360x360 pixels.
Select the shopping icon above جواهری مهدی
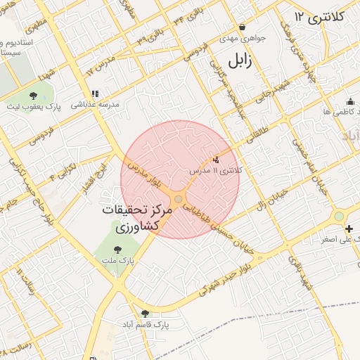click(x=243, y=27)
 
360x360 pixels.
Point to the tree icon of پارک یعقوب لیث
click(x=33, y=95)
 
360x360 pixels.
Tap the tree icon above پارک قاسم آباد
click(x=146, y=314)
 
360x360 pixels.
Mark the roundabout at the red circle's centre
click(x=179, y=201)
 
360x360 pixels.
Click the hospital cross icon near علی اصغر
click(x=349, y=229)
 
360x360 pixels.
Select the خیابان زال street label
click(x=273, y=195)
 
